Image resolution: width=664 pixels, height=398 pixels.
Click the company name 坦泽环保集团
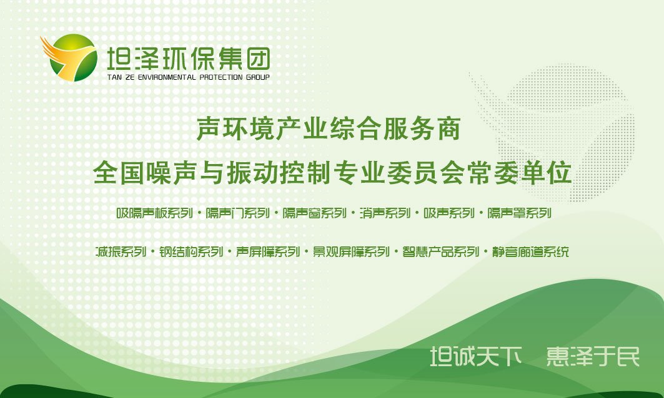189,58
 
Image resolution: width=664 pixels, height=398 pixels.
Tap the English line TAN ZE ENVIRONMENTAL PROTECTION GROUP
189,77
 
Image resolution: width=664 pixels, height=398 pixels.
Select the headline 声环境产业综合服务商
329,129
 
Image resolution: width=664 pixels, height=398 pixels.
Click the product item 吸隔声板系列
154,213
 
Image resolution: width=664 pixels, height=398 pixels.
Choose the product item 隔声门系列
237,213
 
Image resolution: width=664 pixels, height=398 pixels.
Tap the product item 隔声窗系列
314,213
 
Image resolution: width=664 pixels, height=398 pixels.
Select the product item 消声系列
385,213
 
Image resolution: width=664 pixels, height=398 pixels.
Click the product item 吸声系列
449,213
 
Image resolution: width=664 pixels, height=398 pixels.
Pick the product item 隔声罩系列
519,213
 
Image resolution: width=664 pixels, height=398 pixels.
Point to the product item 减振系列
121,251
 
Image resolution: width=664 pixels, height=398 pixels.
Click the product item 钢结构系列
191,251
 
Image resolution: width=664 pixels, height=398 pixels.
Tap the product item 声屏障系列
267,251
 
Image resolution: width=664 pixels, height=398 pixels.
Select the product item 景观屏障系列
351,251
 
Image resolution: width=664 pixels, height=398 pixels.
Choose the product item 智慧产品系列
440,251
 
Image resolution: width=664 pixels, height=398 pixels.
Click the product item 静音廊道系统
530,251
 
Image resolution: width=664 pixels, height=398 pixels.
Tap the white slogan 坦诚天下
476,356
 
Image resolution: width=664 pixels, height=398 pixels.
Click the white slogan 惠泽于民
593,356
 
